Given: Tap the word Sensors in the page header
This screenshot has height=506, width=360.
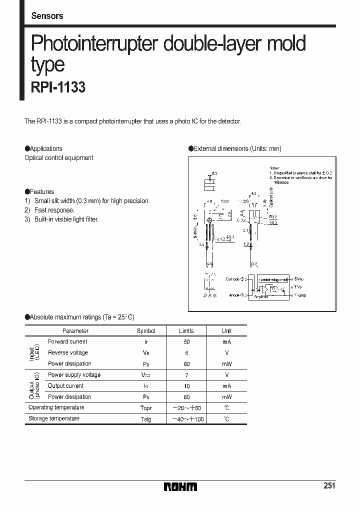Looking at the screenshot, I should pyautogui.click(x=47, y=16).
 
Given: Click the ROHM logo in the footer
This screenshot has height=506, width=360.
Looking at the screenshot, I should pyautogui.click(x=180, y=486).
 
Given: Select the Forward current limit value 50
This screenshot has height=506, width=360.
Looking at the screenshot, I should pyautogui.click(x=186, y=342).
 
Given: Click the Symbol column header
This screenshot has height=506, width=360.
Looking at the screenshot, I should pyautogui.click(x=146, y=331).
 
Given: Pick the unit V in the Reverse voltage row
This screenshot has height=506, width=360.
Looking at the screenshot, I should pyautogui.click(x=226, y=353).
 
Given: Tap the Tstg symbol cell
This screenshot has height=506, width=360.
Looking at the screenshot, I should pyautogui.click(x=146, y=419).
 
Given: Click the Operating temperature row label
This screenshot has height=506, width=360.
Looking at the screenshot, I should pyautogui.click(x=56, y=407).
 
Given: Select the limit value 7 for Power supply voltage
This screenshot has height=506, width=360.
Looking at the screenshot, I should pyautogui.click(x=186, y=375).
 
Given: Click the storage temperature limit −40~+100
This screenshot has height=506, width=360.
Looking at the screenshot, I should pyautogui.click(x=187, y=419).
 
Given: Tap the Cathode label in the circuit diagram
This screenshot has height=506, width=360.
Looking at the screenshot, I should pyautogui.click(x=232, y=279).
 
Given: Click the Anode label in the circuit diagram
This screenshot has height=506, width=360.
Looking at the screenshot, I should pyautogui.click(x=234, y=295).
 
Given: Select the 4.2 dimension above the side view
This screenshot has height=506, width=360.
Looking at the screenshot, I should pyautogui.click(x=253, y=193).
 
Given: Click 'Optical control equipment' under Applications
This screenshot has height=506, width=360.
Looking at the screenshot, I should pyautogui.click(x=59, y=158).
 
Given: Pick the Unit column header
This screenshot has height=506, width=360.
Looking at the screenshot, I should pyautogui.click(x=226, y=331).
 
